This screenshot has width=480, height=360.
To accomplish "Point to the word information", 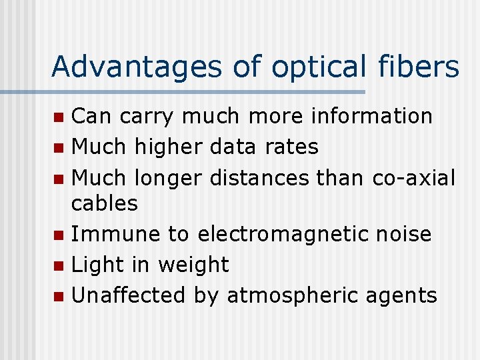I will (371, 116).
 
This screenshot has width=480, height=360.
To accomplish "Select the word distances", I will (259, 178).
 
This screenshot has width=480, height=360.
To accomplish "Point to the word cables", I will (105, 203).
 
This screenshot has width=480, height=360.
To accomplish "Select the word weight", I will (193, 265).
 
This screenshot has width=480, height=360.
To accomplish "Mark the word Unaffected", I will (129, 295).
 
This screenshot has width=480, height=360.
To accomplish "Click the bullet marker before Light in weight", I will (59, 266).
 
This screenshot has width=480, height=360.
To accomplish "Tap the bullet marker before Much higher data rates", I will (59, 147).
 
